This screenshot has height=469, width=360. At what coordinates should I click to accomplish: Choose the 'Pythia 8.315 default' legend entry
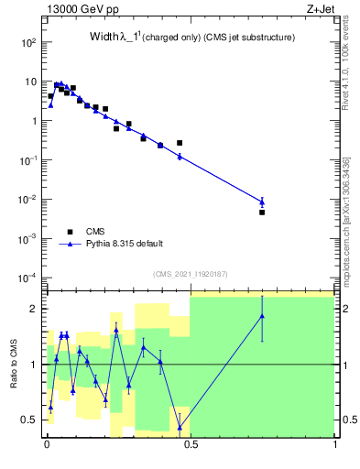[x=125, y=244]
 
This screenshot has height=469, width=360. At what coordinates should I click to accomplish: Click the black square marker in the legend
[x=70, y=231]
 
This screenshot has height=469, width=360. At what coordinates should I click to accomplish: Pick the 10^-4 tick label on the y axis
[x=27, y=278]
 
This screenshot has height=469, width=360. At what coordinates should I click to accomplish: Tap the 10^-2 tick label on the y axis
[x=27, y=199]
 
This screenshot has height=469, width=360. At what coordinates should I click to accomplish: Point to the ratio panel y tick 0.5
[x=29, y=420]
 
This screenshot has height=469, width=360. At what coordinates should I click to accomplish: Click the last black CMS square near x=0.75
[x=262, y=213]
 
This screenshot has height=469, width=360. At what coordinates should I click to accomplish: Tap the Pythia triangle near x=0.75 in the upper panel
[x=262, y=202]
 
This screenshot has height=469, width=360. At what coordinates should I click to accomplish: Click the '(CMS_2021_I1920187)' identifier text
[x=191, y=274]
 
